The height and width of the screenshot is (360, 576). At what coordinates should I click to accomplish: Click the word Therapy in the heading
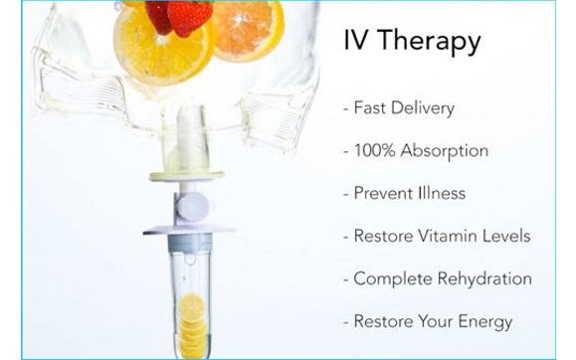432,43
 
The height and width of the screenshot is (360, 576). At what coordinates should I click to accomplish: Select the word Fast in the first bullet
370,108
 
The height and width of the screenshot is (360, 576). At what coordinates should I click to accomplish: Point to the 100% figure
377,151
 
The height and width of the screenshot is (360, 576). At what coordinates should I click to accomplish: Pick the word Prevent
383,193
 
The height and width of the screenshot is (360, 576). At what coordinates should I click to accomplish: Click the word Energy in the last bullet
484,322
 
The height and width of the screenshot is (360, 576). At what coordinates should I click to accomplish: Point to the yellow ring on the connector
187,177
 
